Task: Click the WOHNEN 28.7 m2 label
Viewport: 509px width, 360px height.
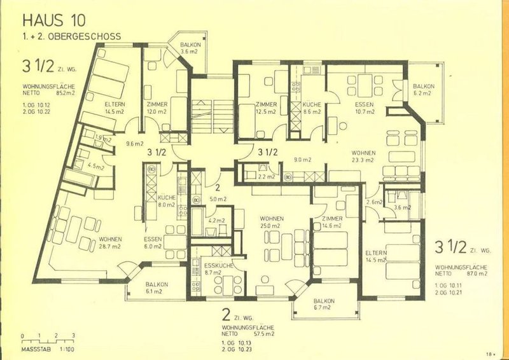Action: point(110,242)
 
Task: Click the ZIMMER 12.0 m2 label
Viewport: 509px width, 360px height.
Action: point(157,107)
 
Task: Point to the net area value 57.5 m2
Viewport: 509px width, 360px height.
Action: point(263,333)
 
